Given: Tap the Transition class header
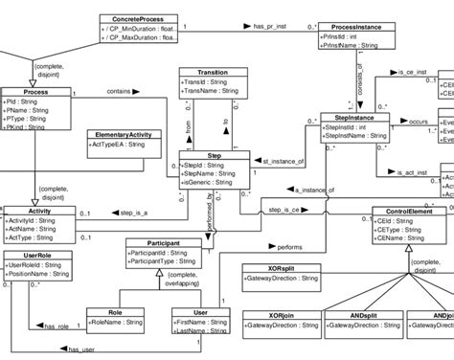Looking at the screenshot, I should (212, 72).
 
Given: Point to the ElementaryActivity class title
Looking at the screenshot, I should (121, 135).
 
